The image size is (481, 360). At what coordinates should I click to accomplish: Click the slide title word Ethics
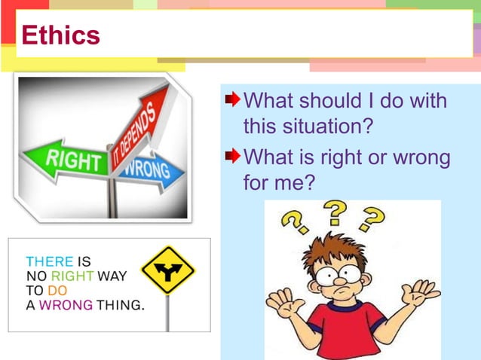click(60, 35)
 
